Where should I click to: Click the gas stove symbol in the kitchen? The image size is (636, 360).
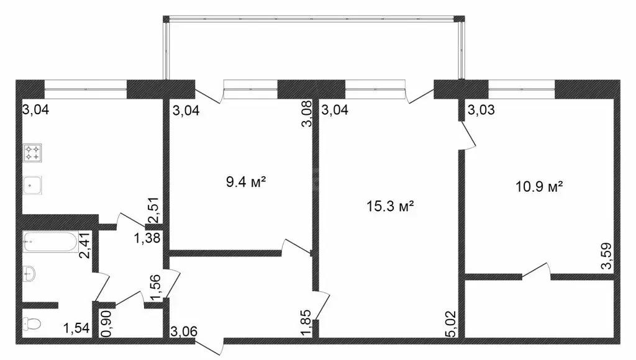point(33,153)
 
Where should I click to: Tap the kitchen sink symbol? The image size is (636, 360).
point(33,186)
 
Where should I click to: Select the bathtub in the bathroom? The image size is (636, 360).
point(50,241)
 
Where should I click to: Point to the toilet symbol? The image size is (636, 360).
point(32,323)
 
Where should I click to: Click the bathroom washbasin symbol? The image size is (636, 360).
point(29,274)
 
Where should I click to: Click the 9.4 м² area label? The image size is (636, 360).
point(246,182)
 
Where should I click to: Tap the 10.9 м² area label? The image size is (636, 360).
point(539,187)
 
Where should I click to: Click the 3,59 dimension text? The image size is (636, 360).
point(606,256)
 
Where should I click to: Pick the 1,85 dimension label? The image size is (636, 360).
point(306,323)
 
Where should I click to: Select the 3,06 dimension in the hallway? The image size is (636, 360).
point(184,331)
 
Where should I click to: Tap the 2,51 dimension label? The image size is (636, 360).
point(154,211)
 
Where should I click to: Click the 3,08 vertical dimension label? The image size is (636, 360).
point(307,114)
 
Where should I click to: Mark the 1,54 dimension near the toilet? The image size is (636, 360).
point(76,328)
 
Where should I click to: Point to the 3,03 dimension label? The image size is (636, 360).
point(481,110)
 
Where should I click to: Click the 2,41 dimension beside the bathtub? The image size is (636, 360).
point(85,245)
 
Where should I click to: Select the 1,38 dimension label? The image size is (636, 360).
point(147,238)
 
